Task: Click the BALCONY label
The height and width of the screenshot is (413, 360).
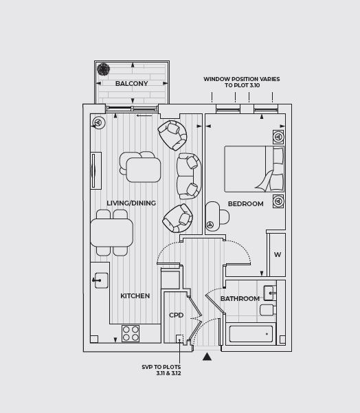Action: point(131,84)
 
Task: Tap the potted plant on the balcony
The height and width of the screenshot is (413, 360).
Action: point(103,69)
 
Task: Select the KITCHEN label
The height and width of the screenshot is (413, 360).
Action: point(135,295)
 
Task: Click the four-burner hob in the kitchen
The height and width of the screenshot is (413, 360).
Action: point(131,333)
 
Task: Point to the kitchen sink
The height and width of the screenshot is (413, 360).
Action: point(101,280)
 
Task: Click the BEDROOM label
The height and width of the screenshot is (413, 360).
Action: point(246,204)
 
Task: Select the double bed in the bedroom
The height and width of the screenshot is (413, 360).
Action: point(254,169)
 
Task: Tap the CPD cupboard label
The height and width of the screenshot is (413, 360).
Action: point(176,315)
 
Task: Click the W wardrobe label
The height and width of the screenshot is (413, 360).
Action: point(278,255)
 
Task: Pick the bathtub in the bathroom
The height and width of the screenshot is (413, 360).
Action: point(251,334)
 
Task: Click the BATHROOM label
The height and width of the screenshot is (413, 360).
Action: point(240,299)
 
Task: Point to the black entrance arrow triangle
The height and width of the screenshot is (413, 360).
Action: point(207,357)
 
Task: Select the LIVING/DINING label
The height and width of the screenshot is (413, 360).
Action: point(131,203)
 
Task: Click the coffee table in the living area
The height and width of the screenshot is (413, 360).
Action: point(144,170)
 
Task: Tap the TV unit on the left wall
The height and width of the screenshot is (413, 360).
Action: point(96,170)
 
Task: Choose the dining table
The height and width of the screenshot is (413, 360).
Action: point(112,233)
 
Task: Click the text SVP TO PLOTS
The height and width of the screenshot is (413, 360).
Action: point(161,367)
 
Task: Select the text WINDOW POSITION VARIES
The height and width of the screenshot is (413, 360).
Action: point(242,79)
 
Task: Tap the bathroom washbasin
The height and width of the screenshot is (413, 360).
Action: point(269,293)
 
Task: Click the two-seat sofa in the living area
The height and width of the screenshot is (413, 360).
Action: point(189,176)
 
